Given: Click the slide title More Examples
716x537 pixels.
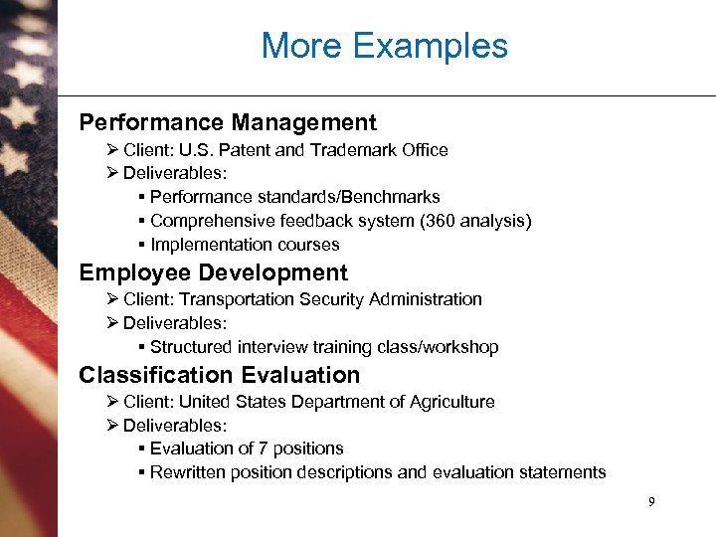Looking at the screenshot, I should coord(384,46).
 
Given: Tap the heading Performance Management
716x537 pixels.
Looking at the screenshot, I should coord(228,123).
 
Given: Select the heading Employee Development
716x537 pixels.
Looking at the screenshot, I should coord(213,273).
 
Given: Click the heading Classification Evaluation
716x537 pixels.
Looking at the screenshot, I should coord(219,375).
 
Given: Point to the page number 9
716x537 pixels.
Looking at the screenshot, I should coord(651,502).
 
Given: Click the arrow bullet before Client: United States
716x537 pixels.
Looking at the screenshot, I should coord(112,402).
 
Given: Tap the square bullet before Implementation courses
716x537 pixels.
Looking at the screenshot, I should coord(143,245).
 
